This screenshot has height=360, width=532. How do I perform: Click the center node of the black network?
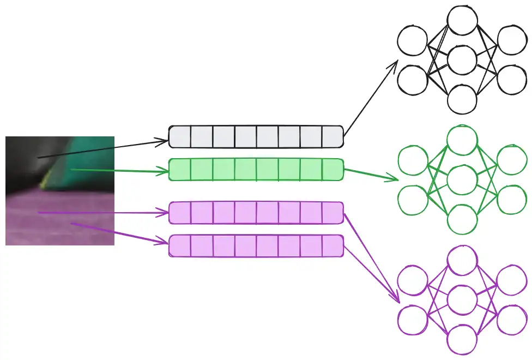(x=462, y=60)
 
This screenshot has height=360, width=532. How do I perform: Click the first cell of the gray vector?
(x=180, y=136)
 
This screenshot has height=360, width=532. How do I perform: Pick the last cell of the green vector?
(x=333, y=169)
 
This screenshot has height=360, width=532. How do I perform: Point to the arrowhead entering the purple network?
(x=397, y=300)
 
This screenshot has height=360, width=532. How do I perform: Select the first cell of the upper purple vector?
(x=180, y=213)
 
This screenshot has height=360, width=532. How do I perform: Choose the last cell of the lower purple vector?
(x=333, y=245)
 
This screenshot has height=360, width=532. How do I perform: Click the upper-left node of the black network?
(x=412, y=41)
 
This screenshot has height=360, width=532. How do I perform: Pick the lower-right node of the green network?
(x=512, y=200)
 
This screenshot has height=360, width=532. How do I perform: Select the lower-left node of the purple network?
(x=412, y=320)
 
